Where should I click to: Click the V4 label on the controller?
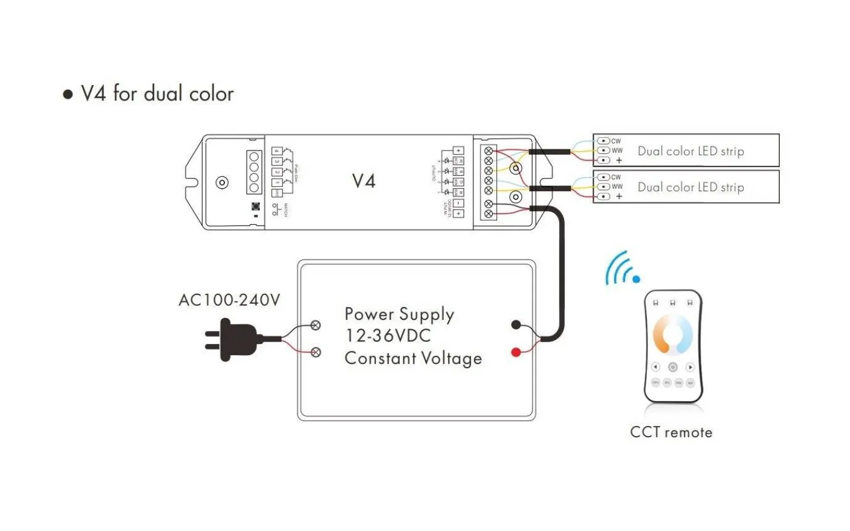[364, 181]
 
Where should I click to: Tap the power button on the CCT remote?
[672, 367]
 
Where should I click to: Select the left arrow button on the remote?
[655, 367]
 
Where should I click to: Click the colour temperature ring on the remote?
[672, 334]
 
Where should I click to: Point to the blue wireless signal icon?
[622, 269]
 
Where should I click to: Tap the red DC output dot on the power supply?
[516, 352]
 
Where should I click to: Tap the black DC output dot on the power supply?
[516, 324]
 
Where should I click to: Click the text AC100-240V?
[229, 300]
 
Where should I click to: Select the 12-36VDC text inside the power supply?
[388, 336]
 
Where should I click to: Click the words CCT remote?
[671, 432]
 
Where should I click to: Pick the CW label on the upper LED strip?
[616, 141]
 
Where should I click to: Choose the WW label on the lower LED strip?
[617, 186]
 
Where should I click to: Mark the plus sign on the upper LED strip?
[619, 160]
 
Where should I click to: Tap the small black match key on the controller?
[256, 206]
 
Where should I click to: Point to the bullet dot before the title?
[68, 94]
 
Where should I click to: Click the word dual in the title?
[163, 94]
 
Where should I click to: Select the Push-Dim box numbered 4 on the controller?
[276, 151]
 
